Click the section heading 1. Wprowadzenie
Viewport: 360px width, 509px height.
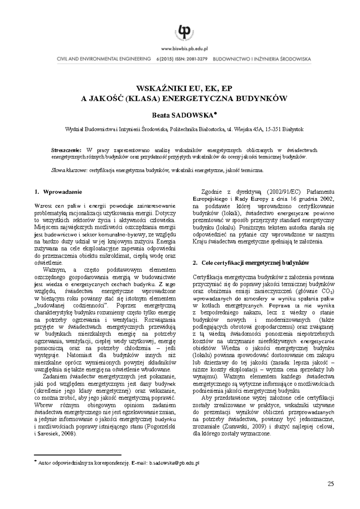(x=58, y=192)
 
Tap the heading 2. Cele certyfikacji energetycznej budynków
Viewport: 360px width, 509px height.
(x=251, y=263)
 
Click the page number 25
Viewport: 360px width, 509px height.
(x=331, y=483)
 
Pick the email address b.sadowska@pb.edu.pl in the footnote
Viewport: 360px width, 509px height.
(x=174, y=463)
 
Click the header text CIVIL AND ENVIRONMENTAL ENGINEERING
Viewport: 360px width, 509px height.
(x=104, y=59)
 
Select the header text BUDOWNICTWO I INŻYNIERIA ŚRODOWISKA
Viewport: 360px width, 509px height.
(x=262, y=59)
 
